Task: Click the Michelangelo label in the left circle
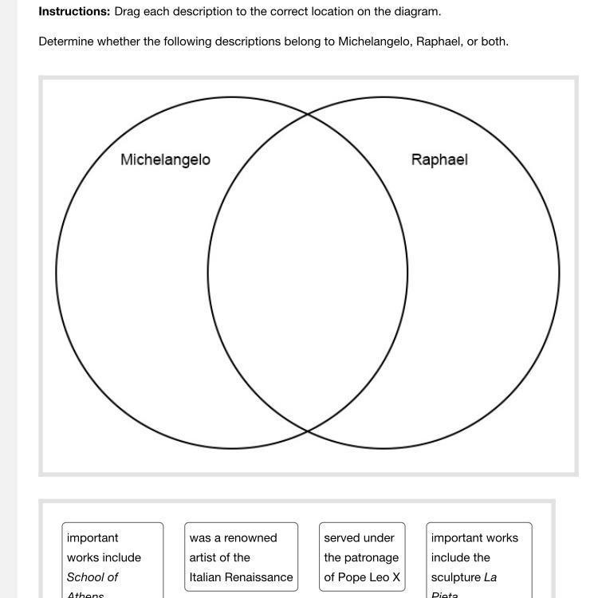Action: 165,159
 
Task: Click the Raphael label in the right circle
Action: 439,159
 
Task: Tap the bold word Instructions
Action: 74,12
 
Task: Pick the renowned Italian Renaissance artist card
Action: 241,557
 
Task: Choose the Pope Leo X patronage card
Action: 362,557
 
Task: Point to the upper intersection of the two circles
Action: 308,115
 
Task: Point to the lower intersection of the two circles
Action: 308,431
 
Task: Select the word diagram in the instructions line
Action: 416,12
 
